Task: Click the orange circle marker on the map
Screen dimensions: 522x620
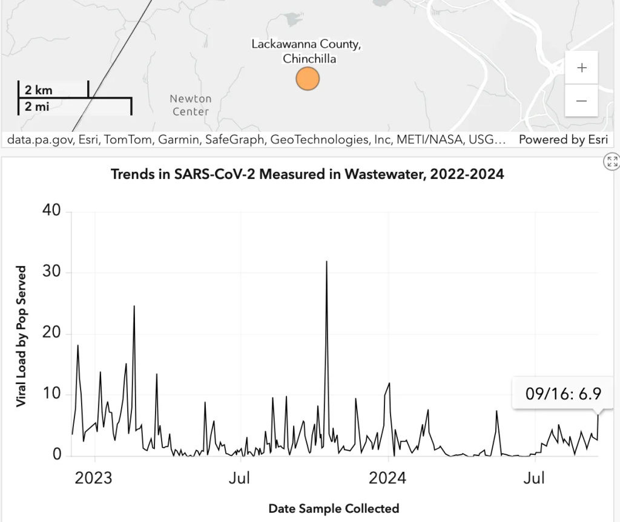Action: click(x=308, y=79)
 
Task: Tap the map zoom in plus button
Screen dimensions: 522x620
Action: click(x=581, y=68)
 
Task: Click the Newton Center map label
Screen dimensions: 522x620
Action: click(x=191, y=105)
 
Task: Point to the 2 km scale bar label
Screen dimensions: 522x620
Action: click(x=39, y=90)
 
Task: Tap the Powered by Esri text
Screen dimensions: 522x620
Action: click(x=562, y=140)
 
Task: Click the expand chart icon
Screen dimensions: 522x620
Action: click(x=612, y=161)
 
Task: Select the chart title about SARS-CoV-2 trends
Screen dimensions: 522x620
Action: click(x=308, y=175)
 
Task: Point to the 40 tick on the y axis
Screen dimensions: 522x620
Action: click(x=51, y=211)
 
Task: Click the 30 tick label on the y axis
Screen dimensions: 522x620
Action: click(x=51, y=272)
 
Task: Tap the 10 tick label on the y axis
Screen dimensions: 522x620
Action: click(x=51, y=394)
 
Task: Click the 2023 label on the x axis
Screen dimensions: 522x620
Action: click(x=93, y=478)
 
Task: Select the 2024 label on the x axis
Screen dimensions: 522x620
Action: click(x=388, y=478)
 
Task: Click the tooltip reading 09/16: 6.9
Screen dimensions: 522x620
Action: click(x=563, y=394)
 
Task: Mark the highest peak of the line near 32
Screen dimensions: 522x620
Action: click(x=327, y=262)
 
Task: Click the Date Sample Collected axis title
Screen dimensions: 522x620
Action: click(x=334, y=508)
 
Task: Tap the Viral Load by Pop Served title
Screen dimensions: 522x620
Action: click(x=21, y=336)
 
